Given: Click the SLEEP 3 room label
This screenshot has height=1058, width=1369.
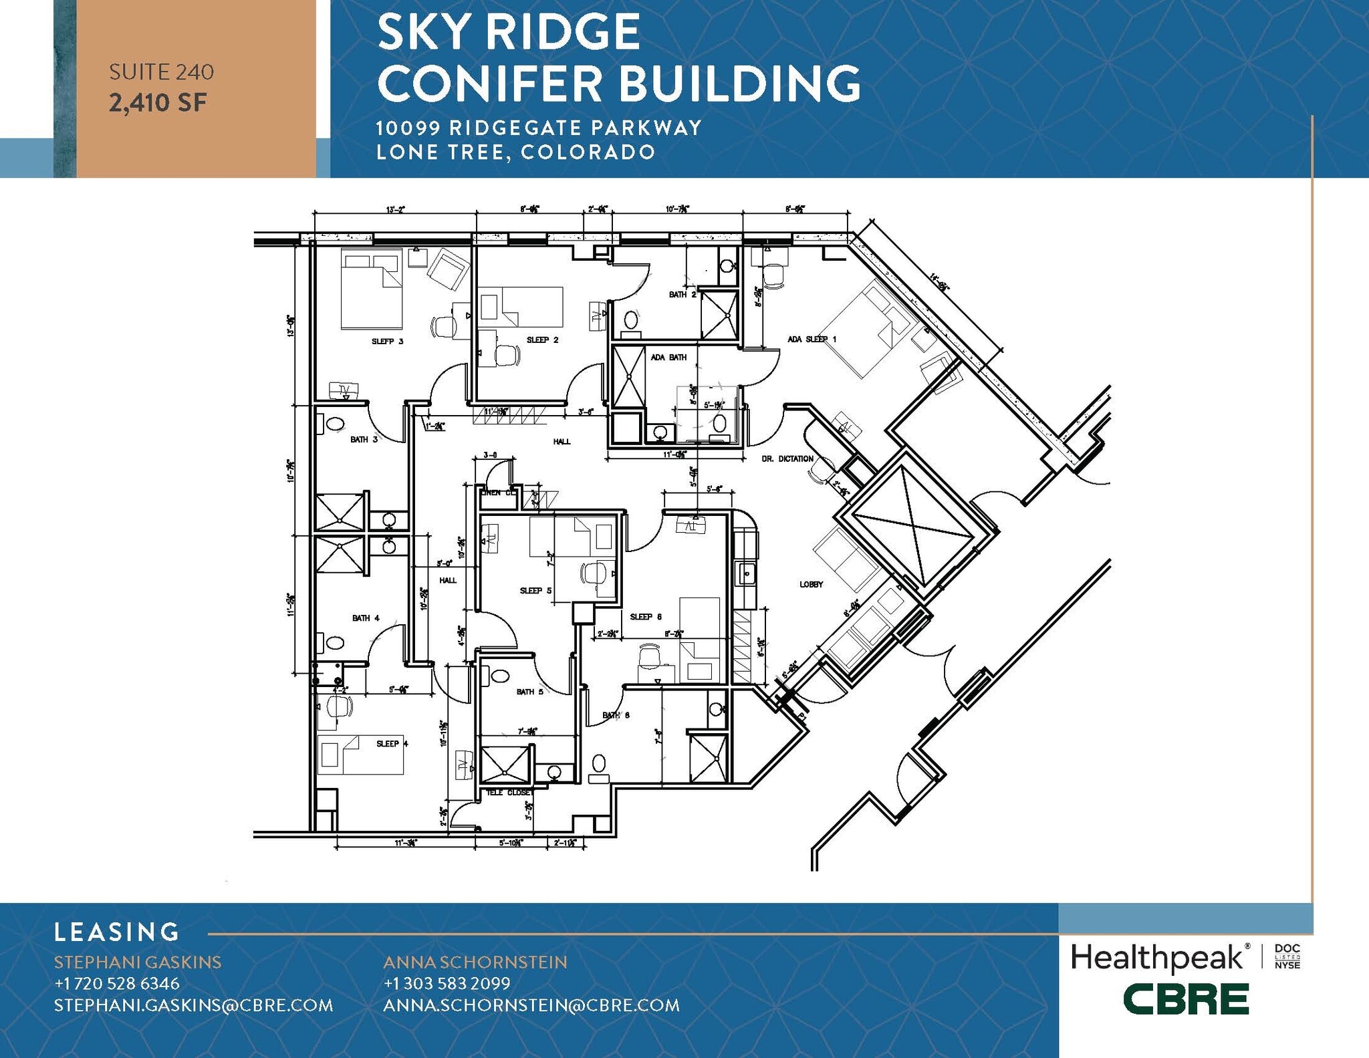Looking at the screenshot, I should (x=387, y=342).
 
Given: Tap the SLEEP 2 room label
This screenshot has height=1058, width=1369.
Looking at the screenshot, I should (x=542, y=340).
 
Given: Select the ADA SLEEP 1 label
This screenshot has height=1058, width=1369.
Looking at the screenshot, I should (x=812, y=340).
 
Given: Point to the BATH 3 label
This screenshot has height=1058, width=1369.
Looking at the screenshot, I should (x=364, y=440).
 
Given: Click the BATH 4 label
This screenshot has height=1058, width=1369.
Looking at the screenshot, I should (x=366, y=618).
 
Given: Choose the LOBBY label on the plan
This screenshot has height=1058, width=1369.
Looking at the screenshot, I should (x=811, y=585).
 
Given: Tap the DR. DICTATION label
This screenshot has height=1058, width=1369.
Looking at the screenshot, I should (x=787, y=459).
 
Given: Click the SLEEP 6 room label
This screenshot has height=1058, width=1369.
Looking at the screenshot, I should (x=646, y=617).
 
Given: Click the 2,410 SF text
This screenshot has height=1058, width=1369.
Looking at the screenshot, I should (x=158, y=103).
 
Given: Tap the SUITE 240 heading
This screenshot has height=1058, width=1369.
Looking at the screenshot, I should (x=161, y=72).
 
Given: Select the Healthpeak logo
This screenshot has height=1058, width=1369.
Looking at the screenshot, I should (x=1157, y=958).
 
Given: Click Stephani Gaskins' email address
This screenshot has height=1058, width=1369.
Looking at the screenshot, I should (x=193, y=1005).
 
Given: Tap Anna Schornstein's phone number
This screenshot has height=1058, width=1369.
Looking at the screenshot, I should (x=447, y=984).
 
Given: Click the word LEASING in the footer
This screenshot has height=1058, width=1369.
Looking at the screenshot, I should (x=117, y=932).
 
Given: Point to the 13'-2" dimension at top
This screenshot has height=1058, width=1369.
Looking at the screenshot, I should (x=394, y=210).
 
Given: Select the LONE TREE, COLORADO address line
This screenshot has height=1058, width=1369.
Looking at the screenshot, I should (x=515, y=152).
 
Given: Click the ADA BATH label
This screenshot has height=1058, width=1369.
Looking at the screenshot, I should (x=668, y=358).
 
